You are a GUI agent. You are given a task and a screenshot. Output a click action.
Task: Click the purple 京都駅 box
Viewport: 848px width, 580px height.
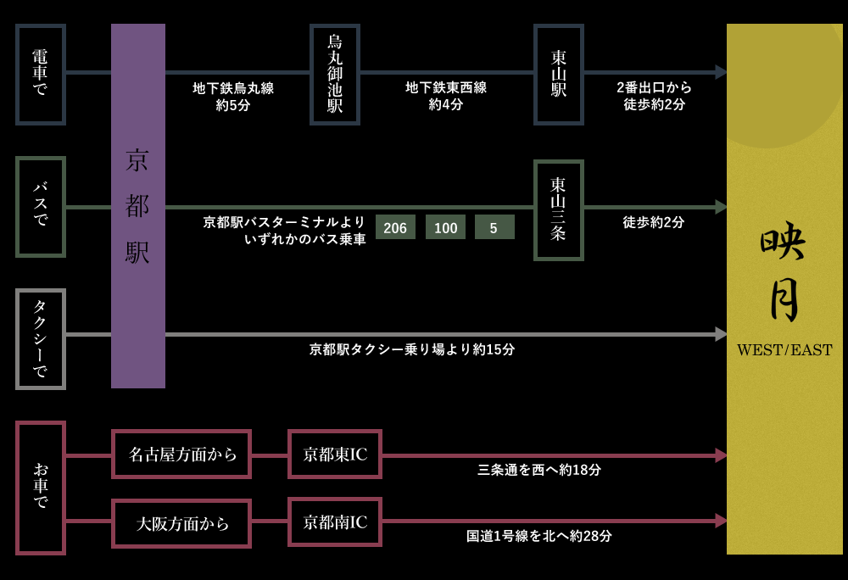point(137,206)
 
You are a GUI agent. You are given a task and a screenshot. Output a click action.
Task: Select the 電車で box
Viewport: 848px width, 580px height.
point(41,74)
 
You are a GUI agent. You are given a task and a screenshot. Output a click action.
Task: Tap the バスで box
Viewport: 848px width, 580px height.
point(41,206)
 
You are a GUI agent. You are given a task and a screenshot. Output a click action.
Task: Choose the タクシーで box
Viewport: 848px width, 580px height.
point(41,338)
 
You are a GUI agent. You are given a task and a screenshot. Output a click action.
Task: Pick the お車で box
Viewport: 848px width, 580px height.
point(41,488)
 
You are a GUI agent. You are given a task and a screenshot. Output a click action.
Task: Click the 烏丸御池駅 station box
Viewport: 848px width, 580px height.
point(335,74)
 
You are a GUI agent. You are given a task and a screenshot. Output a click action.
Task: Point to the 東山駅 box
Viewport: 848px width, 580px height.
point(559,74)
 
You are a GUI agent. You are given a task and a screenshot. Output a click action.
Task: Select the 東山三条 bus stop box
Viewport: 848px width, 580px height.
point(559,209)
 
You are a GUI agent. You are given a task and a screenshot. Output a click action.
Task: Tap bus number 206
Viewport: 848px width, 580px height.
point(395,227)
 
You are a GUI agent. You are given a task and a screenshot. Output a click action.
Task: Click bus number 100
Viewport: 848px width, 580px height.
point(445,227)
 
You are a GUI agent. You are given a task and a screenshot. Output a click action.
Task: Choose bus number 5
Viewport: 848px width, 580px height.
point(494,227)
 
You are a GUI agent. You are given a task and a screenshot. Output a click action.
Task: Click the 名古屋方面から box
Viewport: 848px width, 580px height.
point(181,454)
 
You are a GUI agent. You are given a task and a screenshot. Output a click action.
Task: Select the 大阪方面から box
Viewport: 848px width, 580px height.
point(181,523)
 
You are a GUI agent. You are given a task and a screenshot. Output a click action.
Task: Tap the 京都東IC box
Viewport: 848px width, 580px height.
point(335,454)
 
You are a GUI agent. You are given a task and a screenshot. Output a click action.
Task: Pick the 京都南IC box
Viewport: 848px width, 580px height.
point(335,521)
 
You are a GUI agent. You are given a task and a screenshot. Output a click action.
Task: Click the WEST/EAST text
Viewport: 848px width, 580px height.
point(784,349)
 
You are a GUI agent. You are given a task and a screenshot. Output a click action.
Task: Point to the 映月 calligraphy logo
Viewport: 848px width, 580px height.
point(783,271)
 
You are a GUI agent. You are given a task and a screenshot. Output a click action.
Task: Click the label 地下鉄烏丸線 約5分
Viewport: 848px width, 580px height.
point(233,97)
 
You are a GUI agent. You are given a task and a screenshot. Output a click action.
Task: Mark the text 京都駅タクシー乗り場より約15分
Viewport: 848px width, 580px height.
point(412,349)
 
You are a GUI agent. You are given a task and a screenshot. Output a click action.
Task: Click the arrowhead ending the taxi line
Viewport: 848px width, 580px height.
point(721,334)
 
